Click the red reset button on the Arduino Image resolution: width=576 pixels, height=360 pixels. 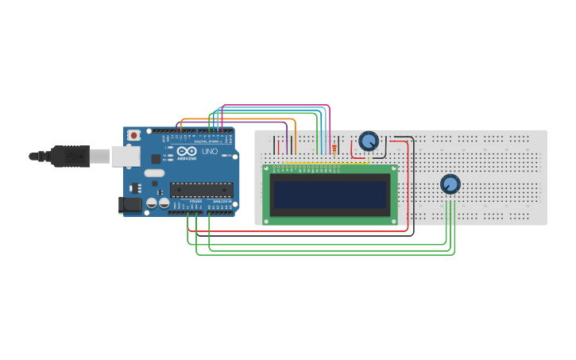click(133, 135)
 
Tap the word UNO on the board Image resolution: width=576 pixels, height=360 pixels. click(210, 151)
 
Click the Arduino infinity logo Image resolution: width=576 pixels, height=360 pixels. click(187, 150)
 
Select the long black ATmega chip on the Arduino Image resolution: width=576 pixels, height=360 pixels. click(201, 190)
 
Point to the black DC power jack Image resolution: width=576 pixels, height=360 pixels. click(130, 205)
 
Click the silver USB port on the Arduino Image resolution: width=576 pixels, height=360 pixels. click(125, 156)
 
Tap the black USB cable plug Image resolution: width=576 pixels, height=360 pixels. click(71, 157)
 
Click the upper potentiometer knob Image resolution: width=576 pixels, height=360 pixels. click(369, 141)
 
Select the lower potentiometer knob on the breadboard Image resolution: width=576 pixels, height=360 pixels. click(450, 184)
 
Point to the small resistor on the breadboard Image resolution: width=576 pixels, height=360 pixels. click(334, 149)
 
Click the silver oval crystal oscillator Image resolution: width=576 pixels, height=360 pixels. click(154, 173)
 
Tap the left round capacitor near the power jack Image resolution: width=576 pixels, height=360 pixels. click(151, 203)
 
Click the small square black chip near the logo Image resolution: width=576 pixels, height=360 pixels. click(157, 158)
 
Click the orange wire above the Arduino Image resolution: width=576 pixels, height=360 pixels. click(238, 119)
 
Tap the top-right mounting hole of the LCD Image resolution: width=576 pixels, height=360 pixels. click(392, 169)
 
